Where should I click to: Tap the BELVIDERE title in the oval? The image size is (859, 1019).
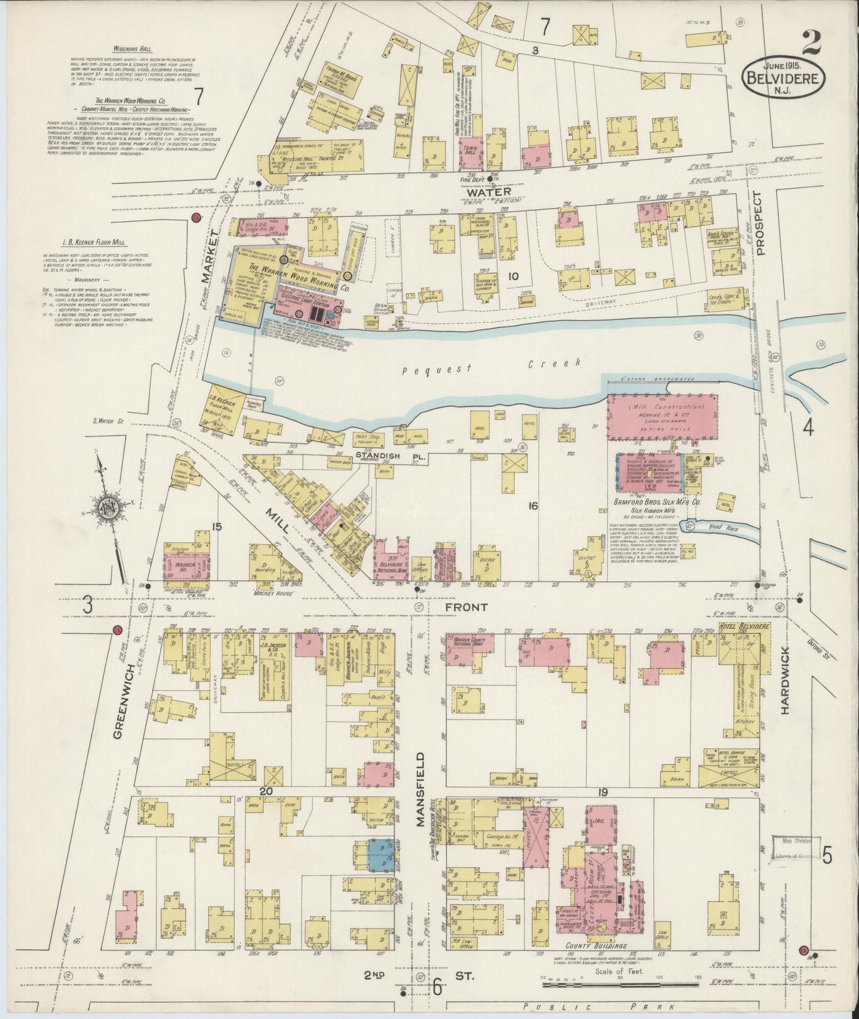pyautogui.click(x=783, y=77)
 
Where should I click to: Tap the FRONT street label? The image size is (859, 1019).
pyautogui.click(x=467, y=607)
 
